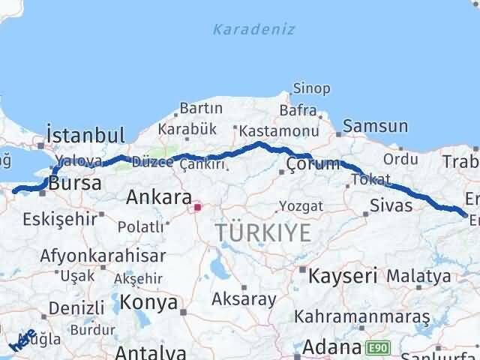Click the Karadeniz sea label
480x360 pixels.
[x=253, y=30]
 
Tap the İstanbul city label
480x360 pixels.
[x=85, y=135]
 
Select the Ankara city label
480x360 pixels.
[x=158, y=198]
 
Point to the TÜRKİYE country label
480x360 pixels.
[x=262, y=232]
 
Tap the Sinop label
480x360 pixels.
[x=311, y=88]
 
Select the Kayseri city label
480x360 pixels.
[x=342, y=274]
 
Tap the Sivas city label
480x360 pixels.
[x=391, y=204]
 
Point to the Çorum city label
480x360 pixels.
[x=313, y=164]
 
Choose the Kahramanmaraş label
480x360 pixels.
[x=362, y=317]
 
